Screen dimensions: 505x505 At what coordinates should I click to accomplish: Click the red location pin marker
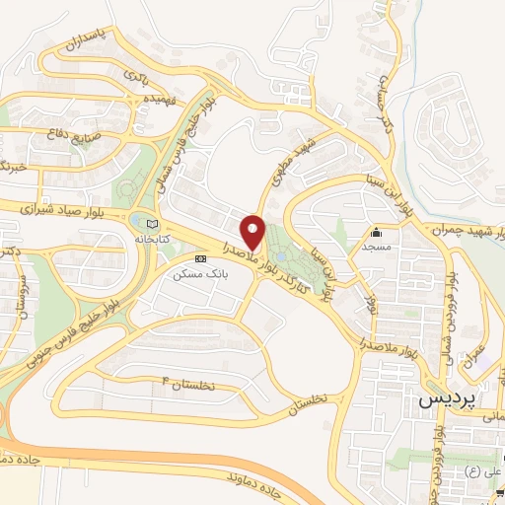tap(253, 232)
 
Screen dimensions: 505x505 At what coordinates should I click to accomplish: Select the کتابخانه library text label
tap(151, 239)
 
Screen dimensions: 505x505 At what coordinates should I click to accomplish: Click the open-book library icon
tap(151, 223)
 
